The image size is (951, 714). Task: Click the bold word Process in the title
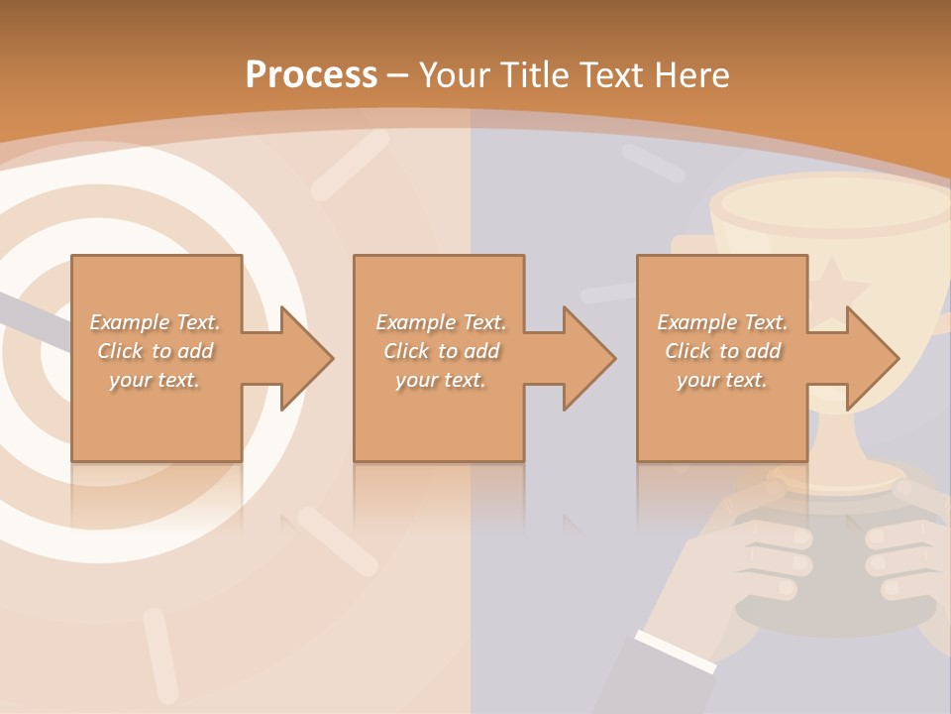click(311, 74)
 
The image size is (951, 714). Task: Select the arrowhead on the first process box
click(306, 358)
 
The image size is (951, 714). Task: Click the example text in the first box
click(155, 351)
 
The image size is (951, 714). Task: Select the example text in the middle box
click(440, 351)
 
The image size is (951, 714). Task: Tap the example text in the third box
click(722, 351)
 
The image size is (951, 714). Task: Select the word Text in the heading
click(611, 74)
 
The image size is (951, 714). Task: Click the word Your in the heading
click(455, 74)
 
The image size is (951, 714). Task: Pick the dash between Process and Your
click(397, 75)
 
